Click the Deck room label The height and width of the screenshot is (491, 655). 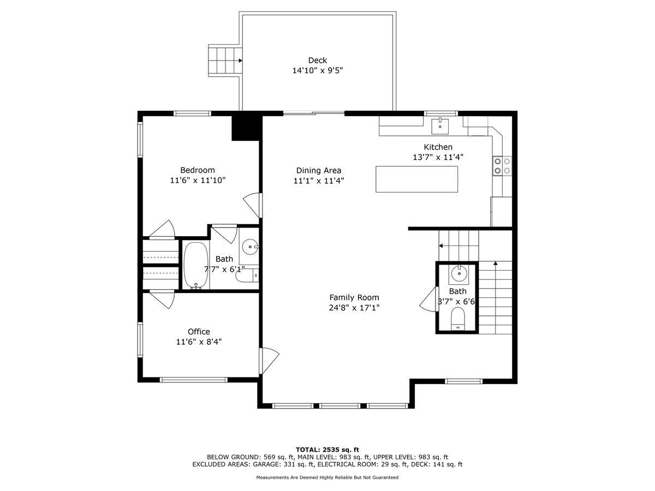pyautogui.click(x=318, y=61)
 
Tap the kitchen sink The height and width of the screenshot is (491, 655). pyautogui.click(x=440, y=125)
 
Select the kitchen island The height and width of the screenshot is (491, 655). pyautogui.click(x=416, y=179)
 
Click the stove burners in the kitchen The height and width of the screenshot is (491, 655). pyautogui.click(x=502, y=166)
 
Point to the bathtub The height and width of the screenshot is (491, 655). pyautogui.click(x=195, y=265)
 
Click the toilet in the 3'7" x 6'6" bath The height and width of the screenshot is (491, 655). pyautogui.click(x=457, y=319)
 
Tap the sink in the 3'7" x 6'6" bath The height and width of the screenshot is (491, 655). pyautogui.click(x=458, y=271)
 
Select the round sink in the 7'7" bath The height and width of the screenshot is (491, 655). pyautogui.click(x=251, y=247)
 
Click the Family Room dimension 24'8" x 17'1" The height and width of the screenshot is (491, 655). pyautogui.click(x=354, y=308)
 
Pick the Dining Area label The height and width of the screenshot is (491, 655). pyautogui.click(x=319, y=170)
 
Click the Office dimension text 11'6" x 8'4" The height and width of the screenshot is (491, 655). pyautogui.click(x=199, y=342)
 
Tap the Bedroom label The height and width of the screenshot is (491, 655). pyautogui.click(x=198, y=170)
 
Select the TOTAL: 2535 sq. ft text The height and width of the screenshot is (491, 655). pyautogui.click(x=327, y=449)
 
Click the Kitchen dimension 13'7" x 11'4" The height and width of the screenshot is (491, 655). pyautogui.click(x=438, y=157)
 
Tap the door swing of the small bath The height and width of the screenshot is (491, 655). pyautogui.click(x=428, y=300)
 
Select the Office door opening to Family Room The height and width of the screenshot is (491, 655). pyautogui.click(x=269, y=361)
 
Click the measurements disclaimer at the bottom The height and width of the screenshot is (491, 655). pyautogui.click(x=327, y=477)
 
